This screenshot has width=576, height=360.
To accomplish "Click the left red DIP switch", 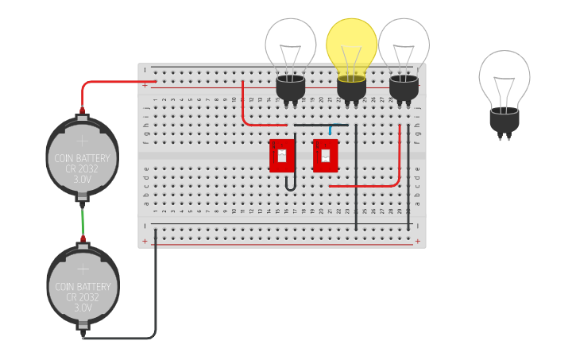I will (281, 156).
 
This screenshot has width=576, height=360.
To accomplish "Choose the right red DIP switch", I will (325, 156).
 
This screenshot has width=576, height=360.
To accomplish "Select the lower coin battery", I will (83, 285).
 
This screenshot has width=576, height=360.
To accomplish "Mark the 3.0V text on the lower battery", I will (83, 308).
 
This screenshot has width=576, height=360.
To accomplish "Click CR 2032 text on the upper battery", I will (82, 168).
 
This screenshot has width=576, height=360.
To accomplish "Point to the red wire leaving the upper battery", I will (111, 82).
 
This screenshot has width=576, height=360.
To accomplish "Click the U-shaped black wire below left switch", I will (291, 184).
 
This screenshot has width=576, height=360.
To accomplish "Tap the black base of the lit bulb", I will (352, 89).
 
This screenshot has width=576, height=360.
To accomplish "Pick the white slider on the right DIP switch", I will (325, 156).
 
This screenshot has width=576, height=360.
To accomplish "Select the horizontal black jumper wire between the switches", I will (318, 125).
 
